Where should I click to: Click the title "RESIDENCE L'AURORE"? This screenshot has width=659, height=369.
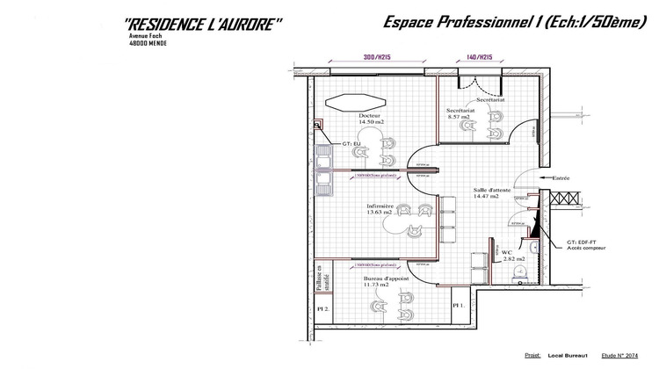(203, 25)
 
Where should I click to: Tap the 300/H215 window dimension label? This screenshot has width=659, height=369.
(376, 57)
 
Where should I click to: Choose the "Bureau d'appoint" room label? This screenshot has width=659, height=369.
(379, 281)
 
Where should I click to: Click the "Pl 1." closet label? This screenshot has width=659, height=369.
(458, 305)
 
